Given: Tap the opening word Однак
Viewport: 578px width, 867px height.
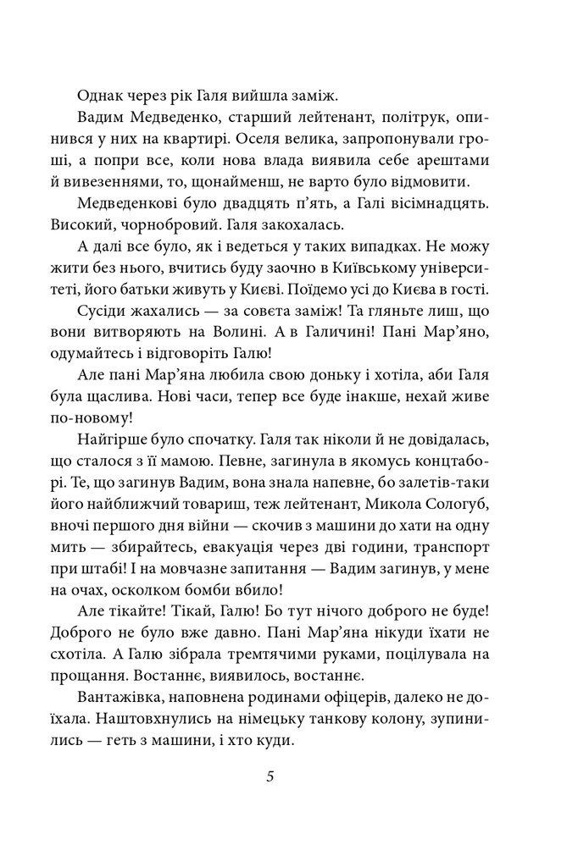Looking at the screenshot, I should [98, 95].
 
